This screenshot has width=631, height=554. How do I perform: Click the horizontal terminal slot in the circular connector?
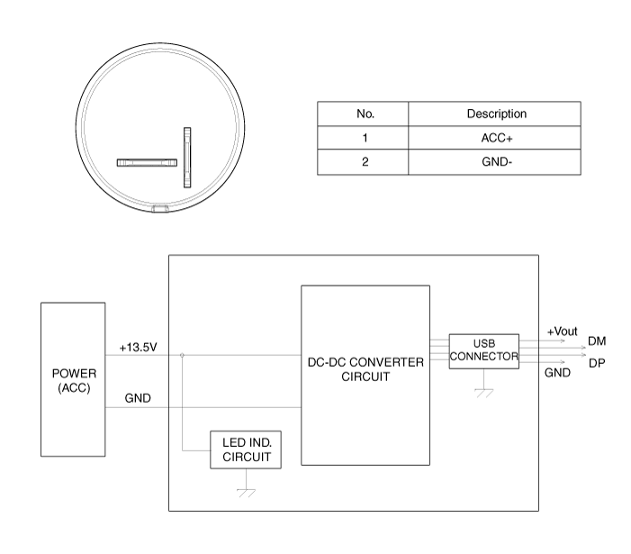point(147,163)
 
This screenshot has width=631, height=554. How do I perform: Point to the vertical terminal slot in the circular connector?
point(187,158)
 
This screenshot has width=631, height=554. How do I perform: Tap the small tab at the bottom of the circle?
point(160,209)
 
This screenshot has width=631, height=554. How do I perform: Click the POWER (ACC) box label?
point(74,380)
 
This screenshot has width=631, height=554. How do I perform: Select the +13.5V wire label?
point(138,347)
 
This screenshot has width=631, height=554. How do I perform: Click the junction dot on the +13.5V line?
point(182,355)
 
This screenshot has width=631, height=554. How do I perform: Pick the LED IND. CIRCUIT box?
point(246,450)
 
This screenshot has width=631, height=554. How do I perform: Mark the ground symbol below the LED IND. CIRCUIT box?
point(247,493)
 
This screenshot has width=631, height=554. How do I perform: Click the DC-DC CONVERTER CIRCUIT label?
point(365,369)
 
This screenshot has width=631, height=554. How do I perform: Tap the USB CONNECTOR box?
point(483,351)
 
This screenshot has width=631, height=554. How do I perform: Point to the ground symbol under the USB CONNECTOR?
point(484,393)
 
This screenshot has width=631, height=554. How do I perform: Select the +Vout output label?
point(563,331)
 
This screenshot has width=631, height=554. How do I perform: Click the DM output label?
point(597,341)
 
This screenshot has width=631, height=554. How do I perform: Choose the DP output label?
point(597,363)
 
